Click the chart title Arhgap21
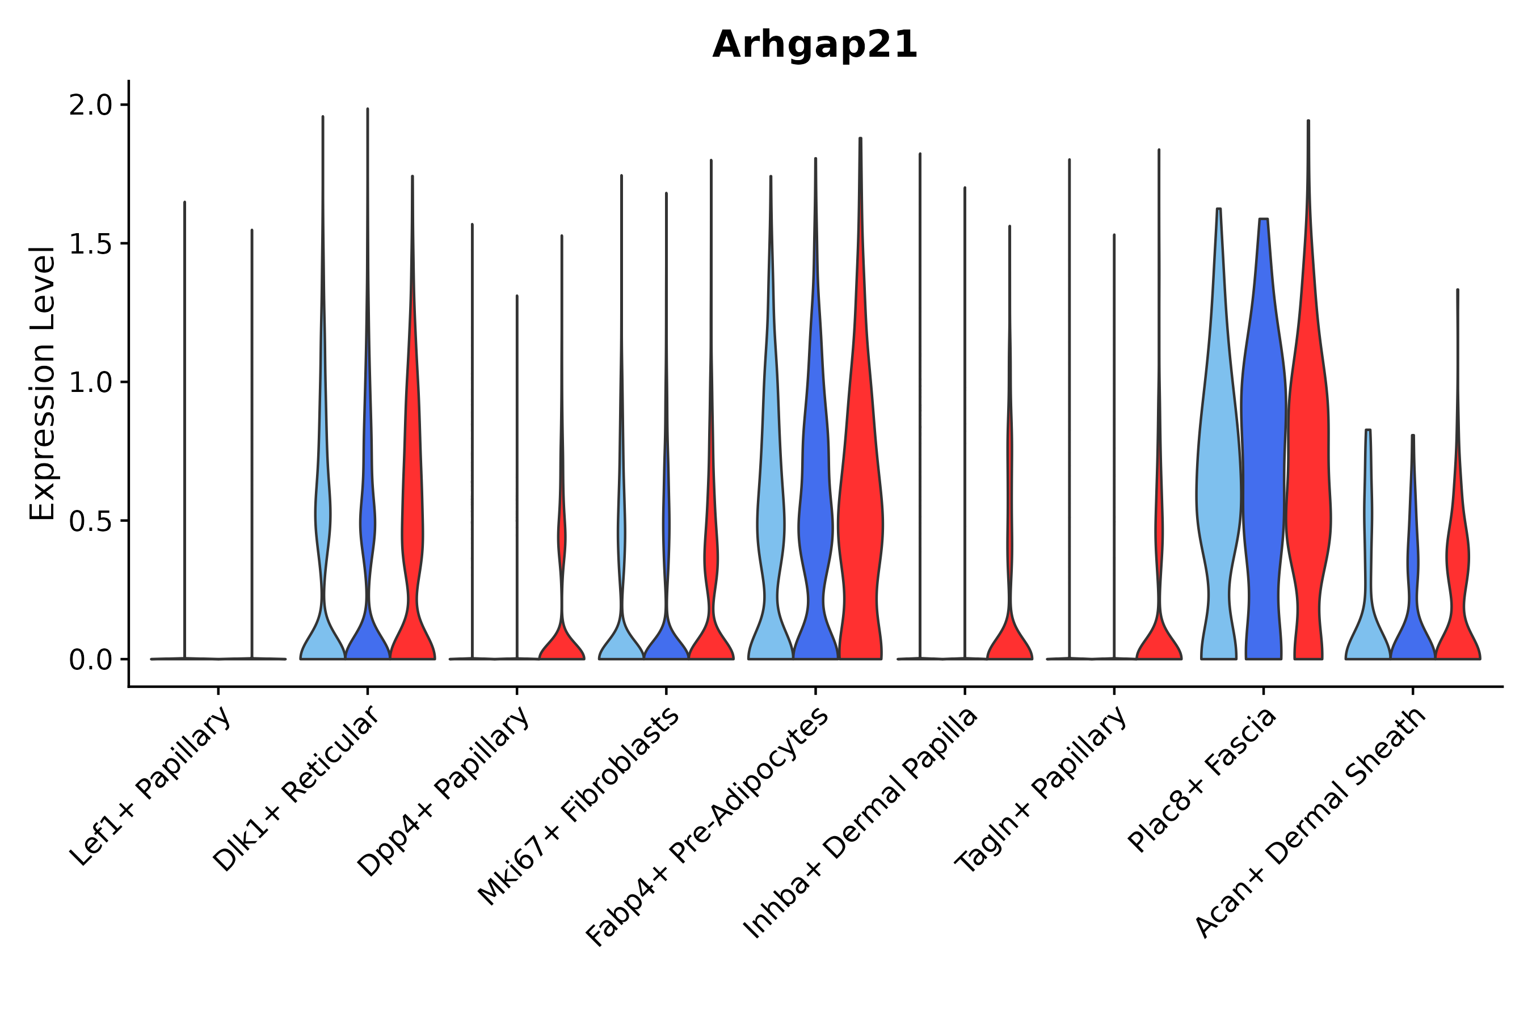click(x=814, y=45)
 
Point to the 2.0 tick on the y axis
click(x=91, y=106)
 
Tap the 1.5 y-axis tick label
click(x=91, y=244)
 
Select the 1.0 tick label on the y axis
click(x=91, y=383)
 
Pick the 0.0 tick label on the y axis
click(x=91, y=660)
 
